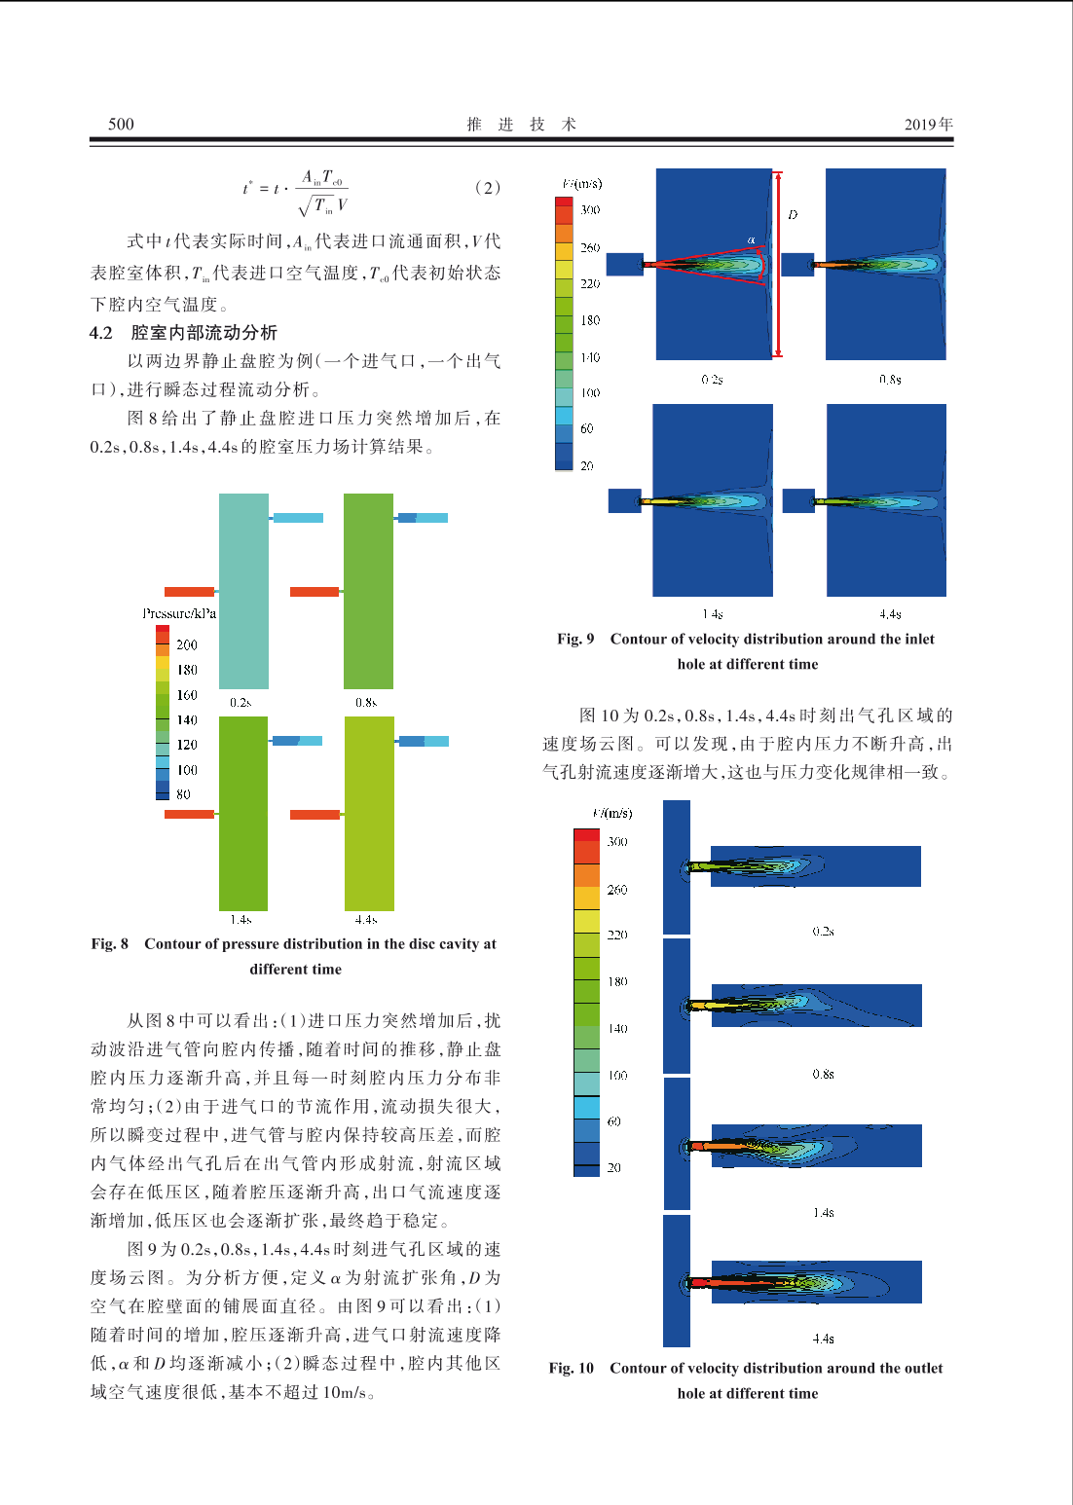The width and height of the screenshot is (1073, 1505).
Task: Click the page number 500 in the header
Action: [x=121, y=124]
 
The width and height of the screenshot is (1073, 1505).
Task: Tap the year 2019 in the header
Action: [x=920, y=124]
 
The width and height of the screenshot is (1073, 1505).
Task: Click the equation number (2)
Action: [x=487, y=188]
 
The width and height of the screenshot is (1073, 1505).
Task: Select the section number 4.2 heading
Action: [x=101, y=333]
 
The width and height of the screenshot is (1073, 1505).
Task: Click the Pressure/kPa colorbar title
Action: [x=179, y=613]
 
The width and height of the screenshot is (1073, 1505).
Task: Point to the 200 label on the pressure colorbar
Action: [x=187, y=644]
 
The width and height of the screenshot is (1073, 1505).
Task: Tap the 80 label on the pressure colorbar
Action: [x=183, y=794]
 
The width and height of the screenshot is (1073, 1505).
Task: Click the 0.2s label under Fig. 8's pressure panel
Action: [x=240, y=702]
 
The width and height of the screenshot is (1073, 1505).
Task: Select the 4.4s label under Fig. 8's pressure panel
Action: [x=366, y=919]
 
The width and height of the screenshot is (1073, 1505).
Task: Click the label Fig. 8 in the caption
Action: [x=110, y=944]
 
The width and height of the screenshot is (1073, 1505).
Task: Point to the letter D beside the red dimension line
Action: [x=793, y=215]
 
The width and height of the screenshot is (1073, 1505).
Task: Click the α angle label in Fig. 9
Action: [x=751, y=239]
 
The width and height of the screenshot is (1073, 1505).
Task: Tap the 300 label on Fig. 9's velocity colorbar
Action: [x=590, y=209]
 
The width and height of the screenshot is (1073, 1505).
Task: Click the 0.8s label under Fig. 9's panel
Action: [x=890, y=380]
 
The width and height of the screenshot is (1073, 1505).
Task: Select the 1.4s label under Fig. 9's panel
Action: [x=713, y=614]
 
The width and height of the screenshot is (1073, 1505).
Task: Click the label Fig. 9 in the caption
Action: [x=575, y=640]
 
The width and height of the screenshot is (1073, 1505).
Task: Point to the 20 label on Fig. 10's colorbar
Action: [x=613, y=1167]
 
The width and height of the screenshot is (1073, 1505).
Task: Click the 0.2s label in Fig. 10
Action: [x=823, y=932]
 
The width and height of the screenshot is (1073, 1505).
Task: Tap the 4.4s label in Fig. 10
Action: [x=823, y=1340]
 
